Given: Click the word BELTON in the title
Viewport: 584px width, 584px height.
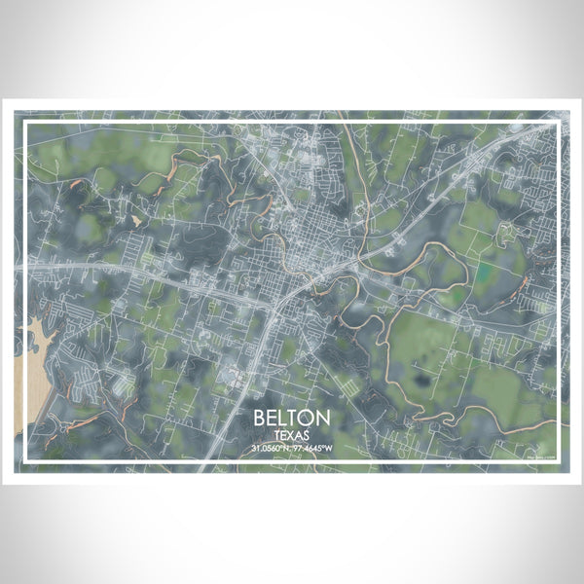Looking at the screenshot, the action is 292,417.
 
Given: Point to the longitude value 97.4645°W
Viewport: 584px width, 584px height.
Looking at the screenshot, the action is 313,448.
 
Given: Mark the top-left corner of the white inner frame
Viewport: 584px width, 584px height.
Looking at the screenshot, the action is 27,120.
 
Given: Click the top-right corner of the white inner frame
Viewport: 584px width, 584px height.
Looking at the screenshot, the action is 558,120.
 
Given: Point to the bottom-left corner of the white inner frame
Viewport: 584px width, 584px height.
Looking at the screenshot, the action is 27,459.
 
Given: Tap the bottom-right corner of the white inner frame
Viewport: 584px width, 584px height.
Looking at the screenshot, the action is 558,459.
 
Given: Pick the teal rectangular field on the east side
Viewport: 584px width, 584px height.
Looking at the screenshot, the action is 484,267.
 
